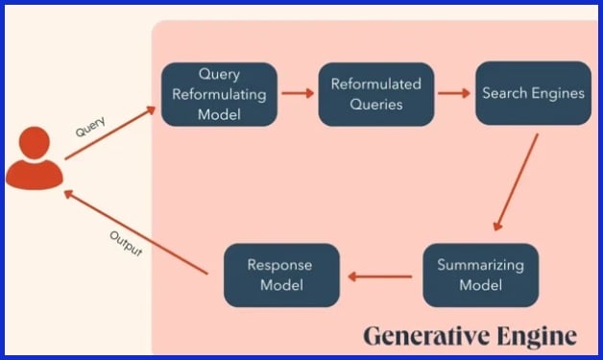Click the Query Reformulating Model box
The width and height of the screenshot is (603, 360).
219,94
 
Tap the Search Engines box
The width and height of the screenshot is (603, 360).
533,94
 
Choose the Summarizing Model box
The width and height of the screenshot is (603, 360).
481,275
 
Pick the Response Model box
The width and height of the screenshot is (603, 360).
281,275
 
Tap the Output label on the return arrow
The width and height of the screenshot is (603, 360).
125,244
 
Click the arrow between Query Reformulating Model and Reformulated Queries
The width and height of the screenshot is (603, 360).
298,94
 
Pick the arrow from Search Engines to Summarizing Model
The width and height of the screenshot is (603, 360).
516,182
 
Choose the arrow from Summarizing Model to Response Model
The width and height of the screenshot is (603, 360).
381,276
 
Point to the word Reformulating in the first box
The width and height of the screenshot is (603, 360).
219,94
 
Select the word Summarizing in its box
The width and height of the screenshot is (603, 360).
480,265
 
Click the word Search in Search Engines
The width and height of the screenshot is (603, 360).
505,94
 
